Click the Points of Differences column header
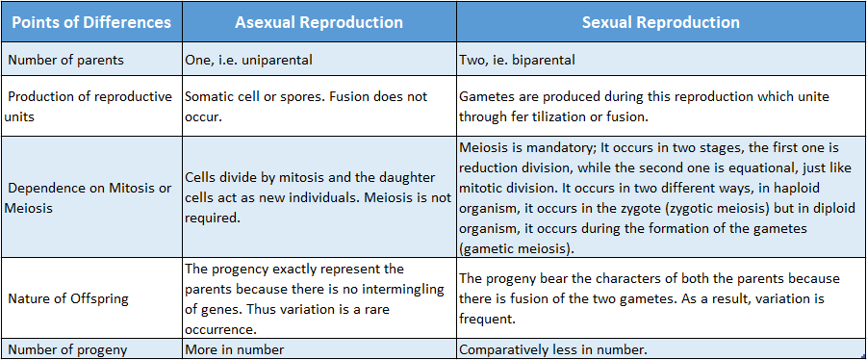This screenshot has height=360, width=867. pyautogui.click(x=89, y=22)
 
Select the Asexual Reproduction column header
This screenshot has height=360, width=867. pyautogui.click(x=318, y=22)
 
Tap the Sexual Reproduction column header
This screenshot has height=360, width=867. pyautogui.click(x=661, y=22)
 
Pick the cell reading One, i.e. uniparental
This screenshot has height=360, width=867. pyautogui.click(x=248, y=60)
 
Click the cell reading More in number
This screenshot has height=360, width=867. pyautogui.click(x=234, y=349)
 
